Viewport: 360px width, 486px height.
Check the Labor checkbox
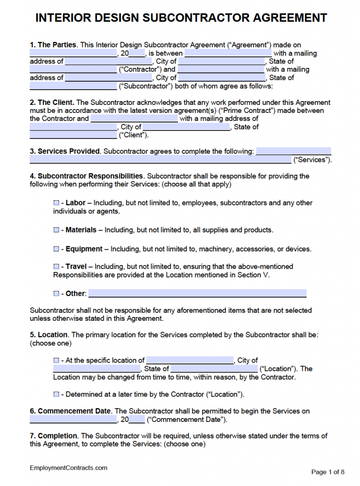[56, 203]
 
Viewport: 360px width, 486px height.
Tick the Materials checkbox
[56, 230]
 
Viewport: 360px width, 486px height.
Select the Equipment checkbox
[56, 249]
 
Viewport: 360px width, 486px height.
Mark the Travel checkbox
[56, 267]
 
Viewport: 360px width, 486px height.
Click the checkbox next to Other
[56, 294]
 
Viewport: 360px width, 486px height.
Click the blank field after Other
[197, 293]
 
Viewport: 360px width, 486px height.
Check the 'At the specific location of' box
[56, 361]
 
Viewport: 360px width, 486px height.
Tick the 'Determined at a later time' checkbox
[56, 394]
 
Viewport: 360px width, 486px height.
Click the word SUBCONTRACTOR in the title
[196, 18]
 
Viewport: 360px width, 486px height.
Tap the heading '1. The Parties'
[53, 45]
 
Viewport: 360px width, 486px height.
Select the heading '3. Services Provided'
[65, 151]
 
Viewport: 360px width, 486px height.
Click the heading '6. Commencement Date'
[70, 411]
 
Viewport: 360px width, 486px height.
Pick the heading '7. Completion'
[54, 436]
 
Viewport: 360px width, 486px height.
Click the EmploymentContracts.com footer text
[69, 468]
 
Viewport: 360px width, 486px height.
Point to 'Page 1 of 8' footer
[328, 472]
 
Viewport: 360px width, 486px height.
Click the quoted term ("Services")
[312, 160]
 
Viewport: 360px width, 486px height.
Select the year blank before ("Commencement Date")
[137, 420]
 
